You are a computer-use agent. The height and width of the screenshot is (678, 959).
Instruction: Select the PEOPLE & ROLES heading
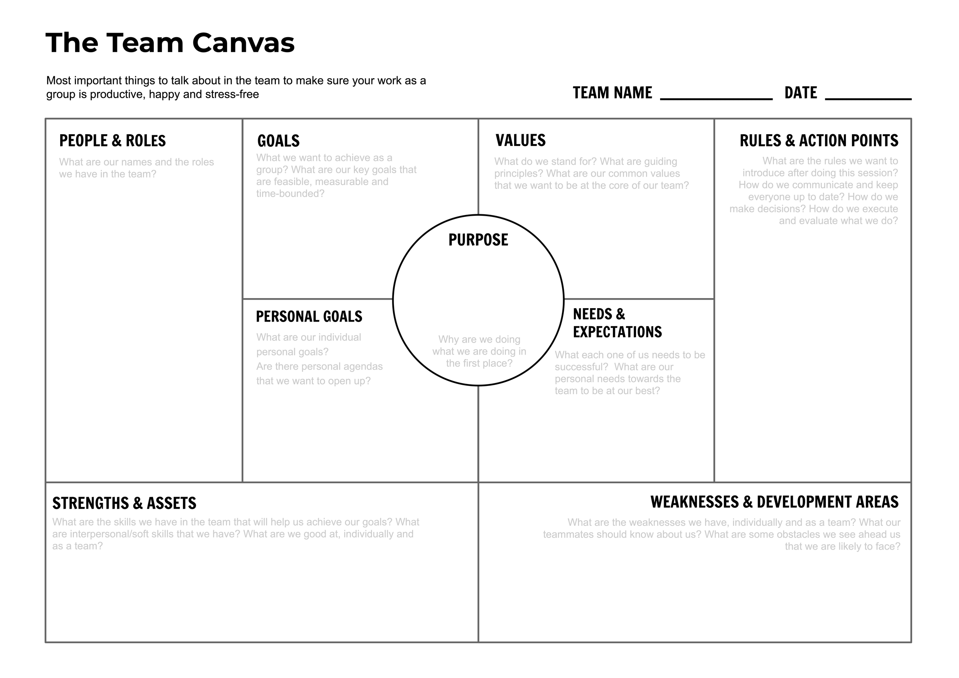coord(112,141)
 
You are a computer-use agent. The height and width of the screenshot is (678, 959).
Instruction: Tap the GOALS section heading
coord(278,141)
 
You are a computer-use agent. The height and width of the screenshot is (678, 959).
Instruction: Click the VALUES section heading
coord(520,140)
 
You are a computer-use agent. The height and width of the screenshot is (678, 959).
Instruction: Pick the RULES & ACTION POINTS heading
coord(819,141)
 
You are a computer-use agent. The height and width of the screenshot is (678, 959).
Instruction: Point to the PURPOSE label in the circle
coord(478,240)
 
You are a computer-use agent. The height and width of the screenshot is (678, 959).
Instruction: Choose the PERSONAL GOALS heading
coord(309,317)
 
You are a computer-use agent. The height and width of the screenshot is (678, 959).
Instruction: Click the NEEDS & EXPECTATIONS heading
coord(617,323)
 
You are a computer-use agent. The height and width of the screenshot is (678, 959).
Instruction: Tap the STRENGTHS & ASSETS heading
coord(124,503)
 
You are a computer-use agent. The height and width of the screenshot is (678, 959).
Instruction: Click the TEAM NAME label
coord(612,93)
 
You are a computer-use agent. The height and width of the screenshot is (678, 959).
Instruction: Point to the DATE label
coord(800,93)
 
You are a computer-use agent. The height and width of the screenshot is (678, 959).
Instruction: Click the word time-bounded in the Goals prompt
coord(290,194)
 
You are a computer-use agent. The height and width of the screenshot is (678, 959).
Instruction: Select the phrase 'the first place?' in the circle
coord(479,363)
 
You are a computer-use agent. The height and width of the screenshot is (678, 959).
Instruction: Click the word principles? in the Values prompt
coord(518,173)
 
